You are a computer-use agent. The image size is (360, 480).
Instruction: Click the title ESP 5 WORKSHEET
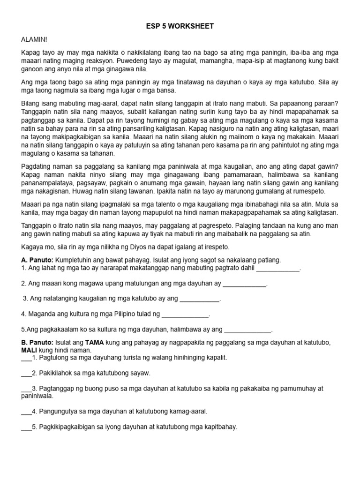point(180,26)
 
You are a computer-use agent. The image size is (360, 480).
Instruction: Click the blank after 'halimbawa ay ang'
point(247,330)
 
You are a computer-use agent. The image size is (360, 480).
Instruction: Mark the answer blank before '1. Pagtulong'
point(26,358)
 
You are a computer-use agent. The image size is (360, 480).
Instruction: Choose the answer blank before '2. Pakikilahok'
point(26,374)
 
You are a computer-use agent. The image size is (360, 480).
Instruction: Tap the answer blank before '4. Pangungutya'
point(26,412)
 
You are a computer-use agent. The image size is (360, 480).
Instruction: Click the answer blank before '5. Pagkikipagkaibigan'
point(26,427)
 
